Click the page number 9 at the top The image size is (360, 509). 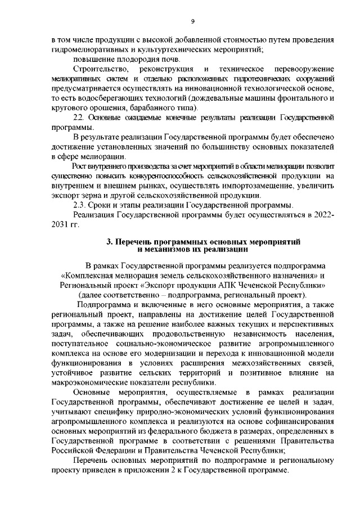tap(192, 22)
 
